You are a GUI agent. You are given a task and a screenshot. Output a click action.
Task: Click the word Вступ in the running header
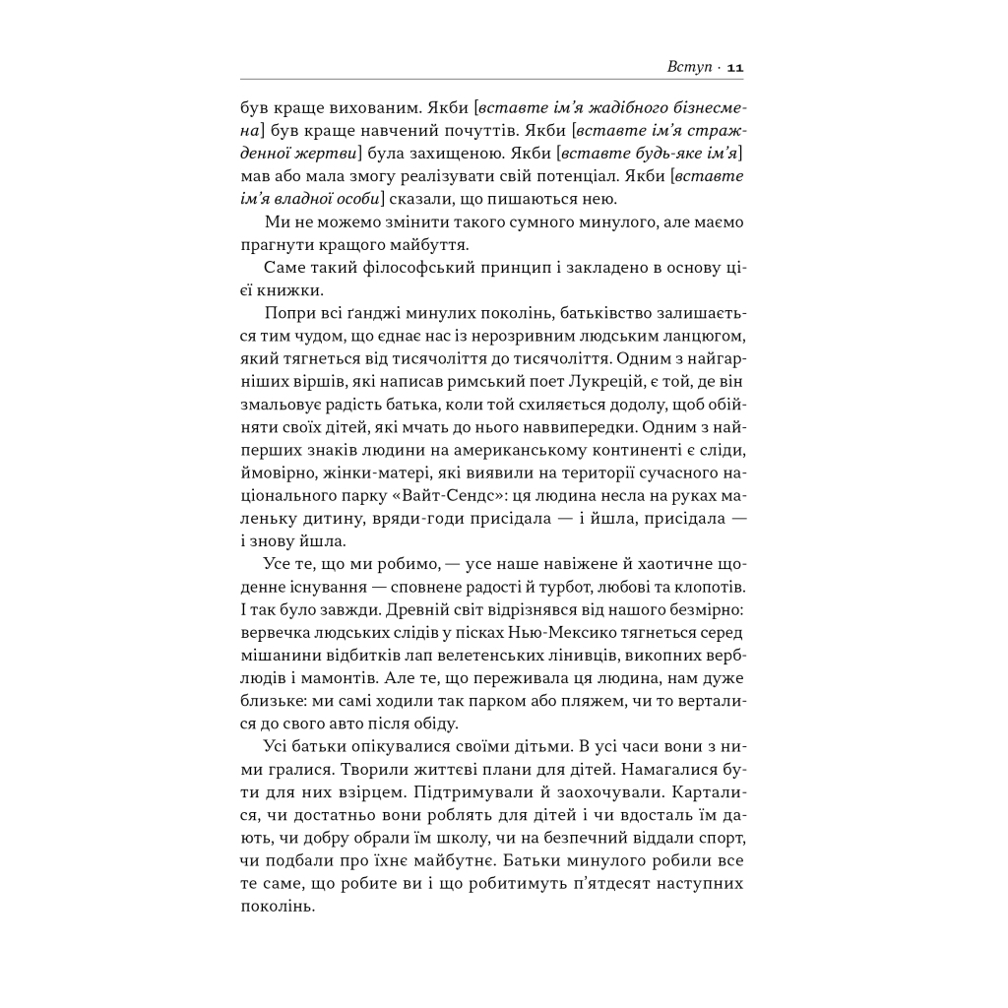tap(686, 67)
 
